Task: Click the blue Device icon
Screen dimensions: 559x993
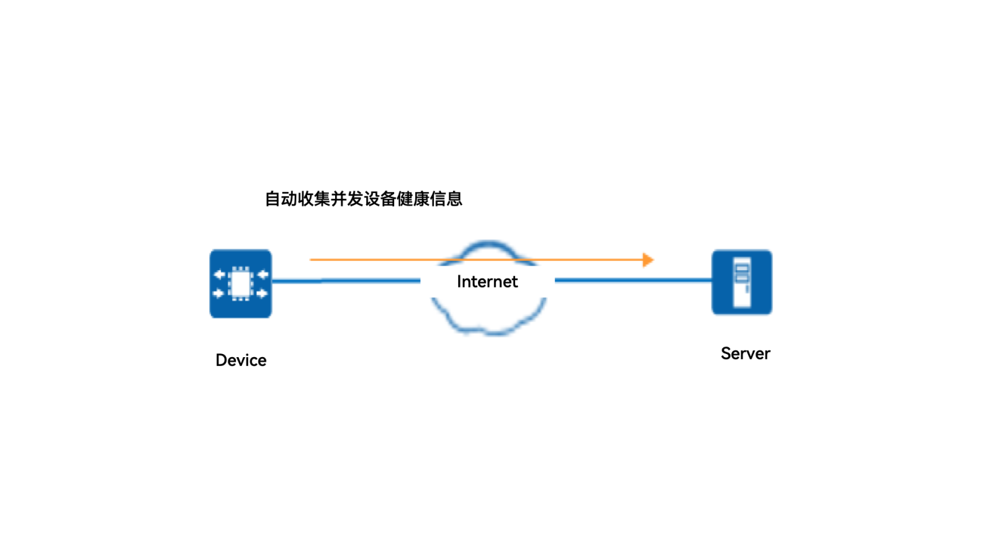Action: point(241,284)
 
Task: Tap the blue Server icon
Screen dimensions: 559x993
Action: point(742,283)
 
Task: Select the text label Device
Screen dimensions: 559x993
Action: point(241,360)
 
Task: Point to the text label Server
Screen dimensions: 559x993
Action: point(745,353)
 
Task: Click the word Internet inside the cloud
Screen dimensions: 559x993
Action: point(487,281)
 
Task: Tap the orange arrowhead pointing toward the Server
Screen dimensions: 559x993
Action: point(648,260)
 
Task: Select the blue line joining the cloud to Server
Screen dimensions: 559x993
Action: point(633,280)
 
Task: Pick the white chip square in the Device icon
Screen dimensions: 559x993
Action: point(240,284)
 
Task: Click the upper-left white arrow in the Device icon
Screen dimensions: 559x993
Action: point(219,274)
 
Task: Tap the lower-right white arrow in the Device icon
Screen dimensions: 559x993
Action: point(262,293)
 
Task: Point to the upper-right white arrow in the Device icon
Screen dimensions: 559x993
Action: point(263,274)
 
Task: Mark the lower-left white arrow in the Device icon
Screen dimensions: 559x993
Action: point(218,293)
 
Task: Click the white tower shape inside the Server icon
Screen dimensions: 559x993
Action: point(742,283)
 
